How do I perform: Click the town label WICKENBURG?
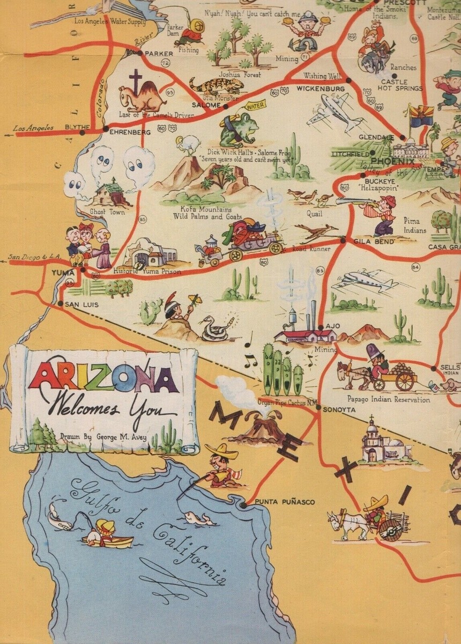click(320, 88)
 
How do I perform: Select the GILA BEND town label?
click(374, 242)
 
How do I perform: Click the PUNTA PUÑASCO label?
click(285, 502)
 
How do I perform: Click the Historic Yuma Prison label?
click(147, 272)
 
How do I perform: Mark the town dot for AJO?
click(321, 327)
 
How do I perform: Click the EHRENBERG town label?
click(130, 131)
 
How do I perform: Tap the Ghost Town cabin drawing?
click(111, 194)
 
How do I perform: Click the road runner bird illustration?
click(315, 232)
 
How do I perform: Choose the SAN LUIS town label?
click(81, 304)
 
